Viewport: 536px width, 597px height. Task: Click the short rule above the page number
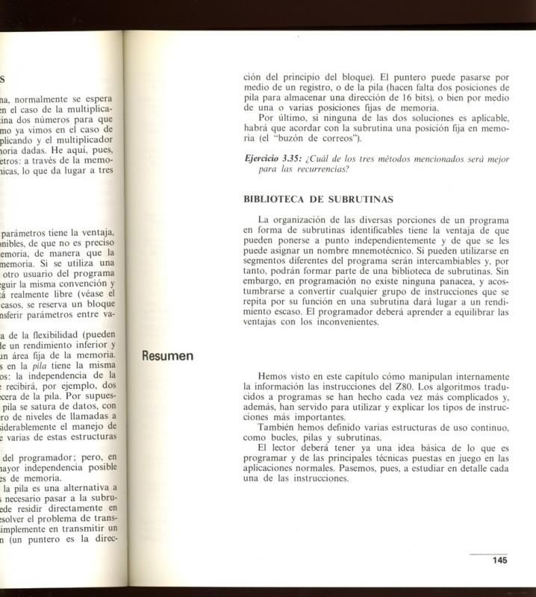[489, 553]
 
